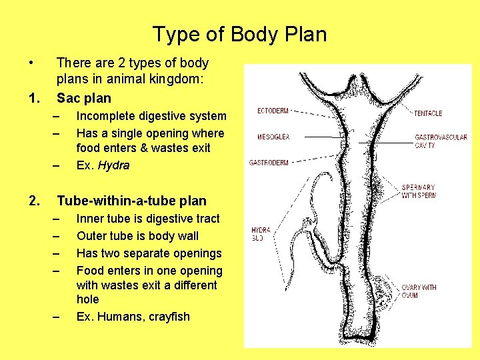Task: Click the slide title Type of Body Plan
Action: click(239, 34)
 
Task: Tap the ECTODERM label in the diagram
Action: click(273, 111)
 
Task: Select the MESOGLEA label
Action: click(273, 137)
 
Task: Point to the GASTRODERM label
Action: click(269, 163)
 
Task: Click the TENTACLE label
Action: click(427, 113)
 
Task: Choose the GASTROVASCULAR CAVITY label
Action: click(441, 141)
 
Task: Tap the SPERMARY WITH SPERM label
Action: click(419, 191)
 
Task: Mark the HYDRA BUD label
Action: click(261, 233)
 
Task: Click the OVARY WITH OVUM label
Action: click(419, 291)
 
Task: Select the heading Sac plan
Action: click(84, 99)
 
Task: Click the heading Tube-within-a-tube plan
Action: click(131, 201)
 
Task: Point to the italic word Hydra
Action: click(113, 165)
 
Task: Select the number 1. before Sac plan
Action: click(35, 99)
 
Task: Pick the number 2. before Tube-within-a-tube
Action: click(35, 201)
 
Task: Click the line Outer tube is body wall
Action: click(137, 235)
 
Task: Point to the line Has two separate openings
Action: click(149, 253)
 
